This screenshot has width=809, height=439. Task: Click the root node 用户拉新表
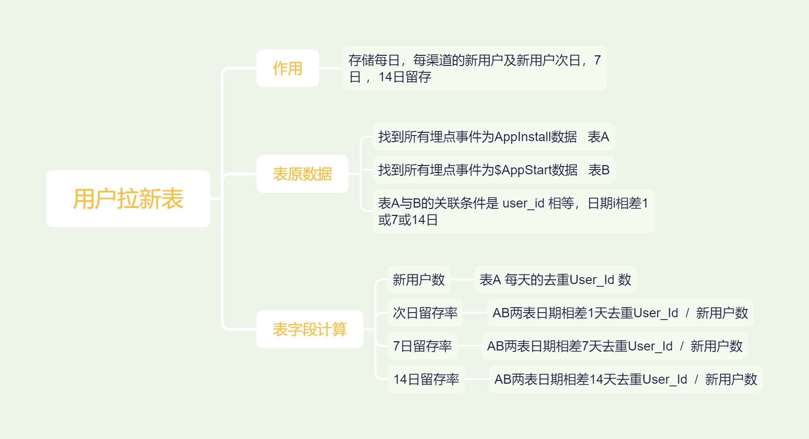[128, 199]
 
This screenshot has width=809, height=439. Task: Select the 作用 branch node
[287, 68]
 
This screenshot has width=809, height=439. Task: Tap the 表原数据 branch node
[302, 174]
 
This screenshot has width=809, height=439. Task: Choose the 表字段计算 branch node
[309, 329]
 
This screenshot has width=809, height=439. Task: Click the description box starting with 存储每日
[474, 68]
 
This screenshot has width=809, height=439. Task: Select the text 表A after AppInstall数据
[598, 137]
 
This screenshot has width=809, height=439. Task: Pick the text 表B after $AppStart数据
[599, 170]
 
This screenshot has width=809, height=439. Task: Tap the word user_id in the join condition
[523, 203]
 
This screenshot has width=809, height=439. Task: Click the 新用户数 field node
[418, 279]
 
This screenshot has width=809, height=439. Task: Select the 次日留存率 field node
[425, 313]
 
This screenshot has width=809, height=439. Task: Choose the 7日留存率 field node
[422, 346]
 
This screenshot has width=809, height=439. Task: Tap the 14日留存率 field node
[426, 379]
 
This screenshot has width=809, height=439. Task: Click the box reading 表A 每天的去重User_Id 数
[555, 279]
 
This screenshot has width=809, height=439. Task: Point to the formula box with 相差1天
[620, 313]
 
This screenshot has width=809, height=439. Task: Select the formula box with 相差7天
[614, 346]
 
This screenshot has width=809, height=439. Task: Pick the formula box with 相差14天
[625, 379]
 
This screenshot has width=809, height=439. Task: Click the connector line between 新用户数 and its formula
[462, 279]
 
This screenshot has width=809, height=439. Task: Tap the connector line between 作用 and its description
[331, 68]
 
